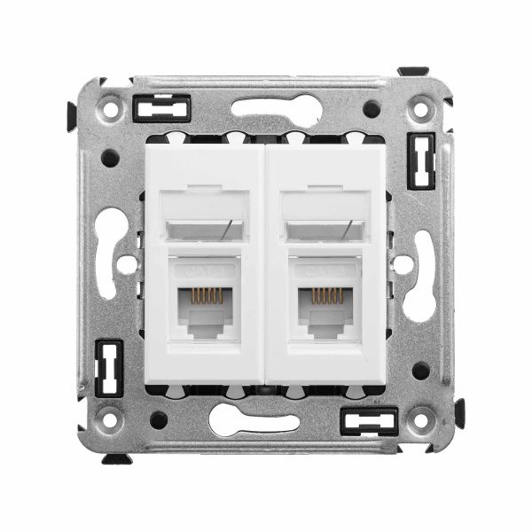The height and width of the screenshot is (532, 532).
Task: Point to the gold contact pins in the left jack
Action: pyautogui.click(x=206, y=295)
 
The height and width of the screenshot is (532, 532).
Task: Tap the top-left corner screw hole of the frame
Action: pyautogui.click(x=110, y=110)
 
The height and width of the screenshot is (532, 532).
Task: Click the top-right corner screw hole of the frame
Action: pyautogui.click(x=420, y=110)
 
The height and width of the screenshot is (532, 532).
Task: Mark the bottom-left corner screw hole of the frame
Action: pyautogui.click(x=110, y=418)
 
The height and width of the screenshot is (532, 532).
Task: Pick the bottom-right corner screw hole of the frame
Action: pyautogui.click(x=420, y=418)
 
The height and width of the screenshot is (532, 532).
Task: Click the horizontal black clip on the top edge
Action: pyautogui.click(x=160, y=110)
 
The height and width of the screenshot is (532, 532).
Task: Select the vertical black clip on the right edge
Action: pyautogui.click(x=420, y=160)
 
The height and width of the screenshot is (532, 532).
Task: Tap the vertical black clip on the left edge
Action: pyautogui.click(x=109, y=367)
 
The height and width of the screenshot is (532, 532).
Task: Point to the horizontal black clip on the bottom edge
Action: pyautogui.click(x=369, y=419)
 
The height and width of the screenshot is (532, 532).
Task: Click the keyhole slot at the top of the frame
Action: pyautogui.click(x=276, y=109)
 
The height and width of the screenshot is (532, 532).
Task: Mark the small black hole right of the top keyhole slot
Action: pyautogui.click(x=372, y=109)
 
